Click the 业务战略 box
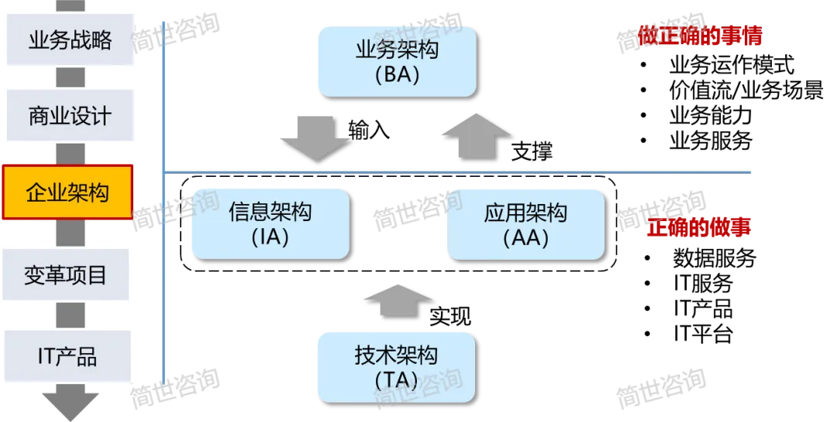70,40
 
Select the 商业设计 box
70,116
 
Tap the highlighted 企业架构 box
67,192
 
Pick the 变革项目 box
66,275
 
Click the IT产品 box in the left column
67,356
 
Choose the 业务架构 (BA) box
397,62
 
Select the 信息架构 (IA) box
270,224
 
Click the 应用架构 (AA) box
525,224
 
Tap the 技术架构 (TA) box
397,368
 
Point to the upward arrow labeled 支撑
477,136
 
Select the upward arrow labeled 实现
398,301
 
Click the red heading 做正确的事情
700,35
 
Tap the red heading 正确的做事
699,227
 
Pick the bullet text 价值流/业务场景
746,90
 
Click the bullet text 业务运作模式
732,65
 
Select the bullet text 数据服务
715,258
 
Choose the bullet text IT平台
703,334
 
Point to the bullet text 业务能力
711,116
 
